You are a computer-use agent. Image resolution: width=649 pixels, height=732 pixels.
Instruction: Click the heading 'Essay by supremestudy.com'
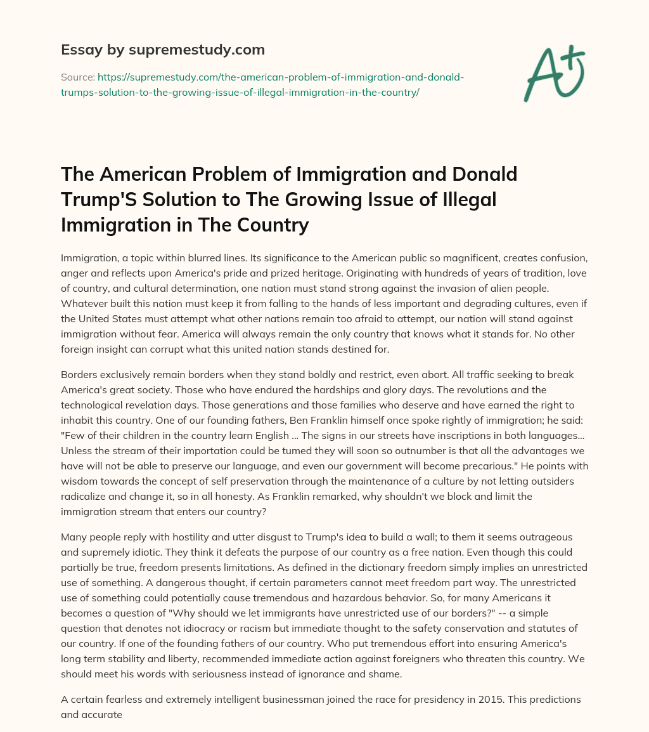163,49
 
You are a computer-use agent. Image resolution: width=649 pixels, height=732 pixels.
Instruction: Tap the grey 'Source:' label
77,77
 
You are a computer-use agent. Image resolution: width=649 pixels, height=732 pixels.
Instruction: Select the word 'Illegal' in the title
465,200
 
